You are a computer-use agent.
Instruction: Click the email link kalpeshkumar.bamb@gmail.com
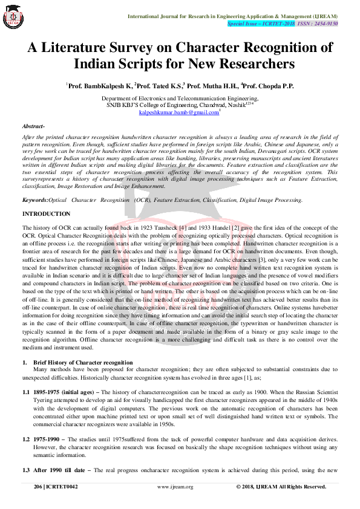(x=178, y=112)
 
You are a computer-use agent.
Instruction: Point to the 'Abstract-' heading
(x=34, y=126)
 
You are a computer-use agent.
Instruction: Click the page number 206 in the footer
(x=38, y=487)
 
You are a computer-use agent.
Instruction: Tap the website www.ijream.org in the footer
(x=175, y=487)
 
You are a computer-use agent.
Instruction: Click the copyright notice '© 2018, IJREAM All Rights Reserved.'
(x=281, y=487)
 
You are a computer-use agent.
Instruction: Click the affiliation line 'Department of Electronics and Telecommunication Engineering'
(x=180, y=98)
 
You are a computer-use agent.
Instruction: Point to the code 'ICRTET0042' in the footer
(x=65, y=487)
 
